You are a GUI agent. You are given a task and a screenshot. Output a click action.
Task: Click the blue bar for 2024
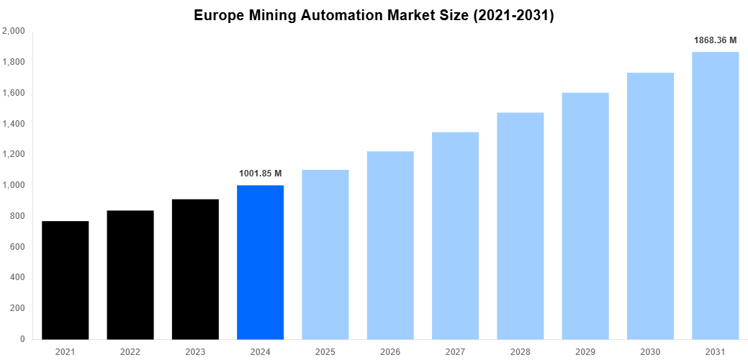260,262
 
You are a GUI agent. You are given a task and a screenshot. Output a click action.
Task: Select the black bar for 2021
66,280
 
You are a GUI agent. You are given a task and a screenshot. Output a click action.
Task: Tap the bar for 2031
715,195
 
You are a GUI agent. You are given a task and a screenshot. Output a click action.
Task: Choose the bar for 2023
195,269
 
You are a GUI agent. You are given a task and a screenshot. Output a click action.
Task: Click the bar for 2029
585,216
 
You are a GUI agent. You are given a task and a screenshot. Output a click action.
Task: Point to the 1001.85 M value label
260,174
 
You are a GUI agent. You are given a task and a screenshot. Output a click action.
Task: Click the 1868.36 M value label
715,40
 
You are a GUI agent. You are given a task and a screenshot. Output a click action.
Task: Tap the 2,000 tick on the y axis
14,32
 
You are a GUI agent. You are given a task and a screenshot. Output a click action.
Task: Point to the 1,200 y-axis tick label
14,155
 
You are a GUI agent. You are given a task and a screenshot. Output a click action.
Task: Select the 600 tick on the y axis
17,247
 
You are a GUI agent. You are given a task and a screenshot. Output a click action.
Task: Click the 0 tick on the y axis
22,339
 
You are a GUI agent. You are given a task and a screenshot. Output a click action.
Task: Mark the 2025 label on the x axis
325,351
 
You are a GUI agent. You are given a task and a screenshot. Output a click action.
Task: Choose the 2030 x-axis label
650,351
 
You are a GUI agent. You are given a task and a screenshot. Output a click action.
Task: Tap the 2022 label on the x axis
130,351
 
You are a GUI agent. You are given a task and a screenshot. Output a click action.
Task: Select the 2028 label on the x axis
520,351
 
